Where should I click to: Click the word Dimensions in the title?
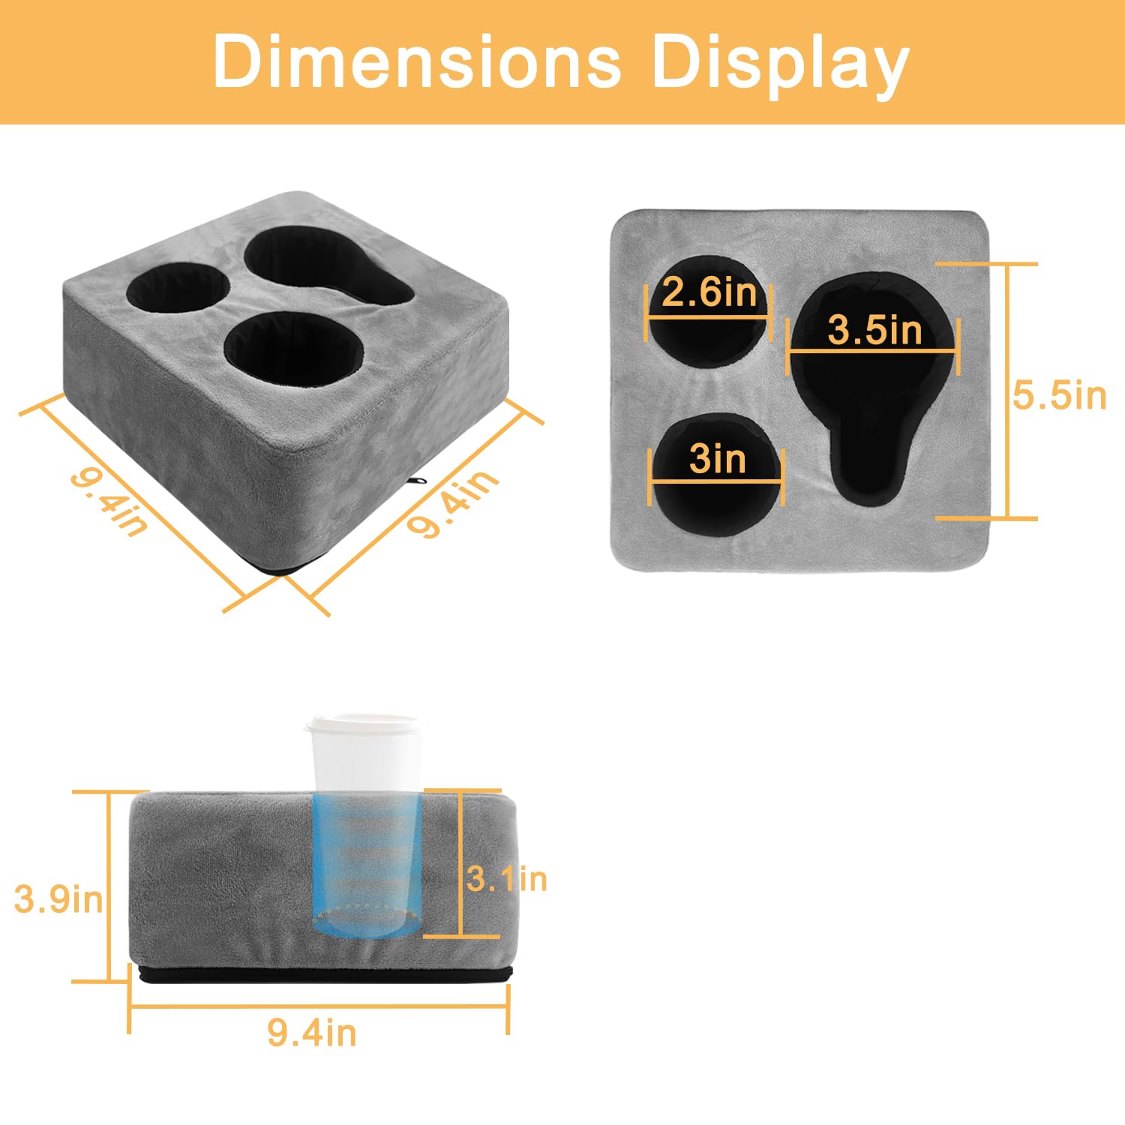pos(417,61)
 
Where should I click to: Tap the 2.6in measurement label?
pos(709,292)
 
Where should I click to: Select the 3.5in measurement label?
pos(874,330)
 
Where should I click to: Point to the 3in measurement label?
pos(717,458)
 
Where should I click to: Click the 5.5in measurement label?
pos(1059,395)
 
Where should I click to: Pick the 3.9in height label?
pos(58,898)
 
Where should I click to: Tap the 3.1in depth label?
pos(507,878)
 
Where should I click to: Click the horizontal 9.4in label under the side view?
pos(312,1033)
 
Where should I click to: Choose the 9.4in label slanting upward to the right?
pos(452,503)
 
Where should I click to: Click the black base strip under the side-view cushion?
pos(322,975)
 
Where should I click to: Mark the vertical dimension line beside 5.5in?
pos(1007,391)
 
